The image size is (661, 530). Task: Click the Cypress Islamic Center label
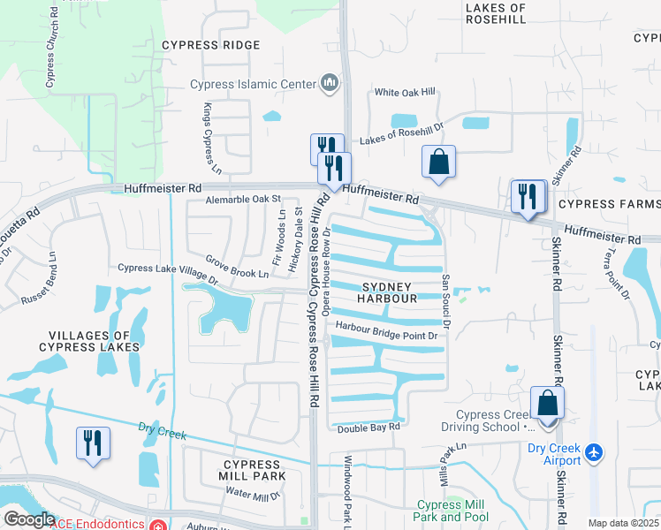point(253,84)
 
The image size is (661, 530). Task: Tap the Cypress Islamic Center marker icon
point(330,84)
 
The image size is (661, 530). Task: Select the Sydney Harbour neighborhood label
point(386,292)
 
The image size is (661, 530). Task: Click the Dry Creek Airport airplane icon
point(593,452)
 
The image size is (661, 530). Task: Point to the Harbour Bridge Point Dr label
point(386,336)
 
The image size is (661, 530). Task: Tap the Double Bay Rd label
point(368,428)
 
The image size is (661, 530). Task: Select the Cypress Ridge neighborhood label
point(210,45)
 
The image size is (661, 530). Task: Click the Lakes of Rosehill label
point(494,12)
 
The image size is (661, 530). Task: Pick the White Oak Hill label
point(405,92)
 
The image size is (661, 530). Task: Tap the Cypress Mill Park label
point(255,470)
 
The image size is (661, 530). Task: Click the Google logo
point(29,519)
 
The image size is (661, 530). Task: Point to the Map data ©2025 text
point(623,523)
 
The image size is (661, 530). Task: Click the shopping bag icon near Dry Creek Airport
point(548,405)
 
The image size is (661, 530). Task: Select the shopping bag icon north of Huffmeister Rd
point(438,162)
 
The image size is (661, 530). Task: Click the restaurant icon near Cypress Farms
point(528,195)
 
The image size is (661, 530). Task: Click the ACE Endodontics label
point(98,524)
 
